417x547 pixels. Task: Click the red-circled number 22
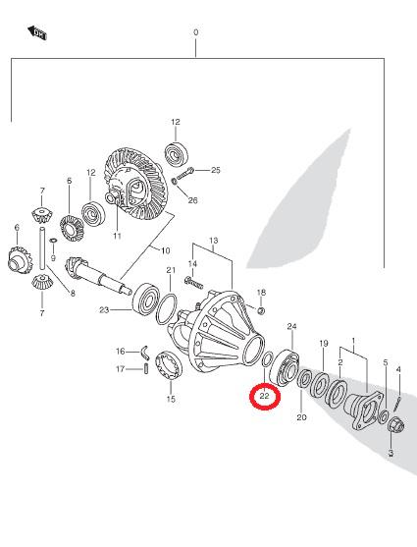coord(265,396)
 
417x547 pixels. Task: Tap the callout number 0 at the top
coord(196,32)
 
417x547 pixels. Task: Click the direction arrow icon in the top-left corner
coord(37,32)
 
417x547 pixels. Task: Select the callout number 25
coord(216,170)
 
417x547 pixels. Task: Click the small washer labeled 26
coord(175,181)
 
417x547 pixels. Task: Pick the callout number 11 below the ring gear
coord(117,236)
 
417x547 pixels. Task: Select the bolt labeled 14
coord(193,282)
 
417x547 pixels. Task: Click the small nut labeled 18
coord(261,310)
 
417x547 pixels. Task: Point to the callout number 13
coord(214,241)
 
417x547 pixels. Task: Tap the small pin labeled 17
coord(146,368)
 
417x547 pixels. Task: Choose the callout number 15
coord(171,399)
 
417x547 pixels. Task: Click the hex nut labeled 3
coord(396,425)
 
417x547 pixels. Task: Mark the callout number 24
coord(291,326)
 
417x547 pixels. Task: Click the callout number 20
coord(301,416)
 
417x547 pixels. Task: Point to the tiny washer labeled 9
coord(53,241)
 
